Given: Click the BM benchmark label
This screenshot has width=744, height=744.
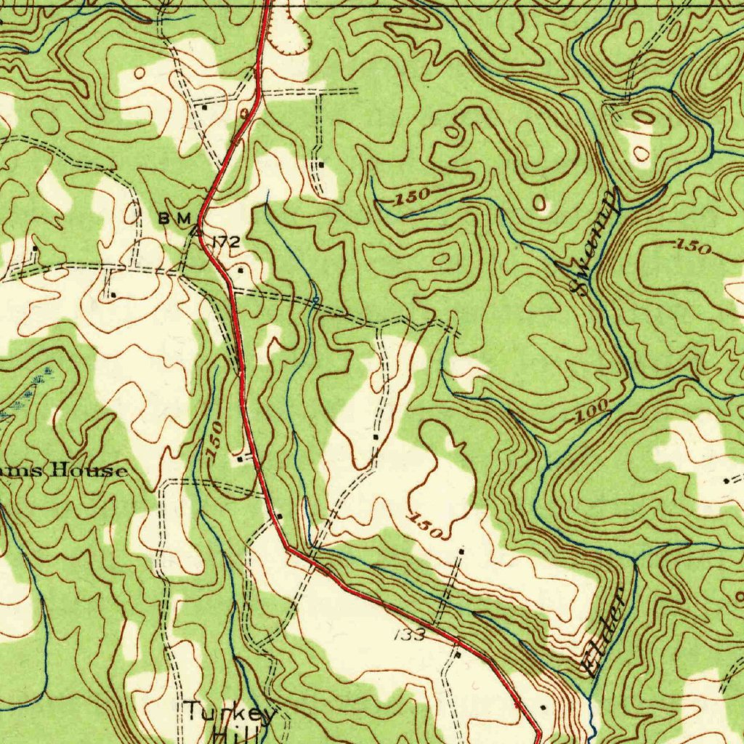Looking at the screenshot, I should coord(175,218).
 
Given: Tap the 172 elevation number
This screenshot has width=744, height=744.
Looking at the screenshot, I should coord(225,243).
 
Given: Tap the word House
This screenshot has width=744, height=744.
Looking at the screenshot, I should coord(91,471).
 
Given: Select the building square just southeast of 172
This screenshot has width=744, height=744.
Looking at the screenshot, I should coord(241,270).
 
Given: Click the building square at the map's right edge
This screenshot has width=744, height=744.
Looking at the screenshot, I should coord(727,481).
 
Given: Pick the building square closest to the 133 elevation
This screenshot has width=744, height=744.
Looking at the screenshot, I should coord(457,655).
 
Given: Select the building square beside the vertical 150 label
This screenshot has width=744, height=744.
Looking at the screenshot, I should coord(240,458).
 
